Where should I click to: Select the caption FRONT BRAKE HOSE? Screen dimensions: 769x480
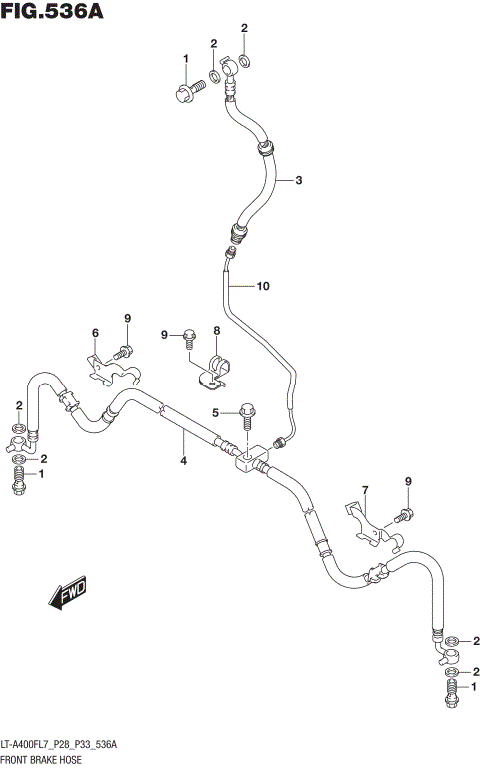click(48, 760)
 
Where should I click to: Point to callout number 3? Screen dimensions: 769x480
click(298, 181)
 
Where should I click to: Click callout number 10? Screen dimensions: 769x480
click(263, 287)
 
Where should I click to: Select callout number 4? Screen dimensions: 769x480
click(184, 460)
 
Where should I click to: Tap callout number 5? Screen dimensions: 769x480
click(214, 413)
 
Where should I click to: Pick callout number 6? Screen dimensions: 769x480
click(96, 333)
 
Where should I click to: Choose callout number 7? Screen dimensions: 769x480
click(366, 489)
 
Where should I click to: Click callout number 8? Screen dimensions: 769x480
click(215, 331)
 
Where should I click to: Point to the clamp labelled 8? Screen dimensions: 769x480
click(215, 371)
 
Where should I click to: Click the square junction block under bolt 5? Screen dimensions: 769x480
click(249, 459)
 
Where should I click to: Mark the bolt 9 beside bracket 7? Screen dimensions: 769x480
click(404, 516)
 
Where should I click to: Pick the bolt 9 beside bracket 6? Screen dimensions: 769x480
click(125, 351)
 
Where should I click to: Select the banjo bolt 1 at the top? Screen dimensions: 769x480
click(187, 94)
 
